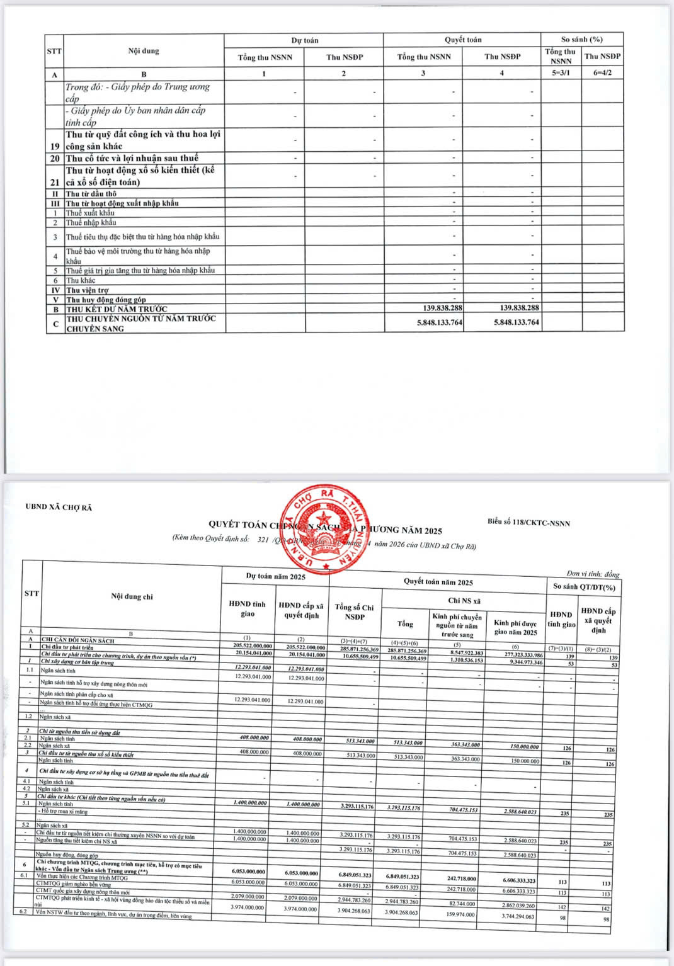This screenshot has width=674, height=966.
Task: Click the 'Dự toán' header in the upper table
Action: point(304,40)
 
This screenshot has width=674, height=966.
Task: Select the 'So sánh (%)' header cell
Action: point(581,39)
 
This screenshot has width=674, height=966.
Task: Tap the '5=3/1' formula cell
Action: point(561,73)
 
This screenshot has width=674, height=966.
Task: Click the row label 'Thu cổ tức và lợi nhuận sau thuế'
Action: point(132,158)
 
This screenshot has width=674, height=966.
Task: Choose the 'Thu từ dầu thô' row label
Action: point(91,194)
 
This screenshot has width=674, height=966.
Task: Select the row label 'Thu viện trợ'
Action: point(87,290)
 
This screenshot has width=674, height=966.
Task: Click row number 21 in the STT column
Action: point(55,182)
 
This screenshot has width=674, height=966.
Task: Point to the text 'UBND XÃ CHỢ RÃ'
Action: point(59,507)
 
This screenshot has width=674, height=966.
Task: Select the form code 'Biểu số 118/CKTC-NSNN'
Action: point(528,522)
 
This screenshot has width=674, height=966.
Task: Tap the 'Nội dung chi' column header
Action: point(132,596)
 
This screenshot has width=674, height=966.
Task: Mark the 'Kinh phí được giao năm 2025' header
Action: point(515,627)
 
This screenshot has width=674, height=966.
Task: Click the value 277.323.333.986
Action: point(517,655)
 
